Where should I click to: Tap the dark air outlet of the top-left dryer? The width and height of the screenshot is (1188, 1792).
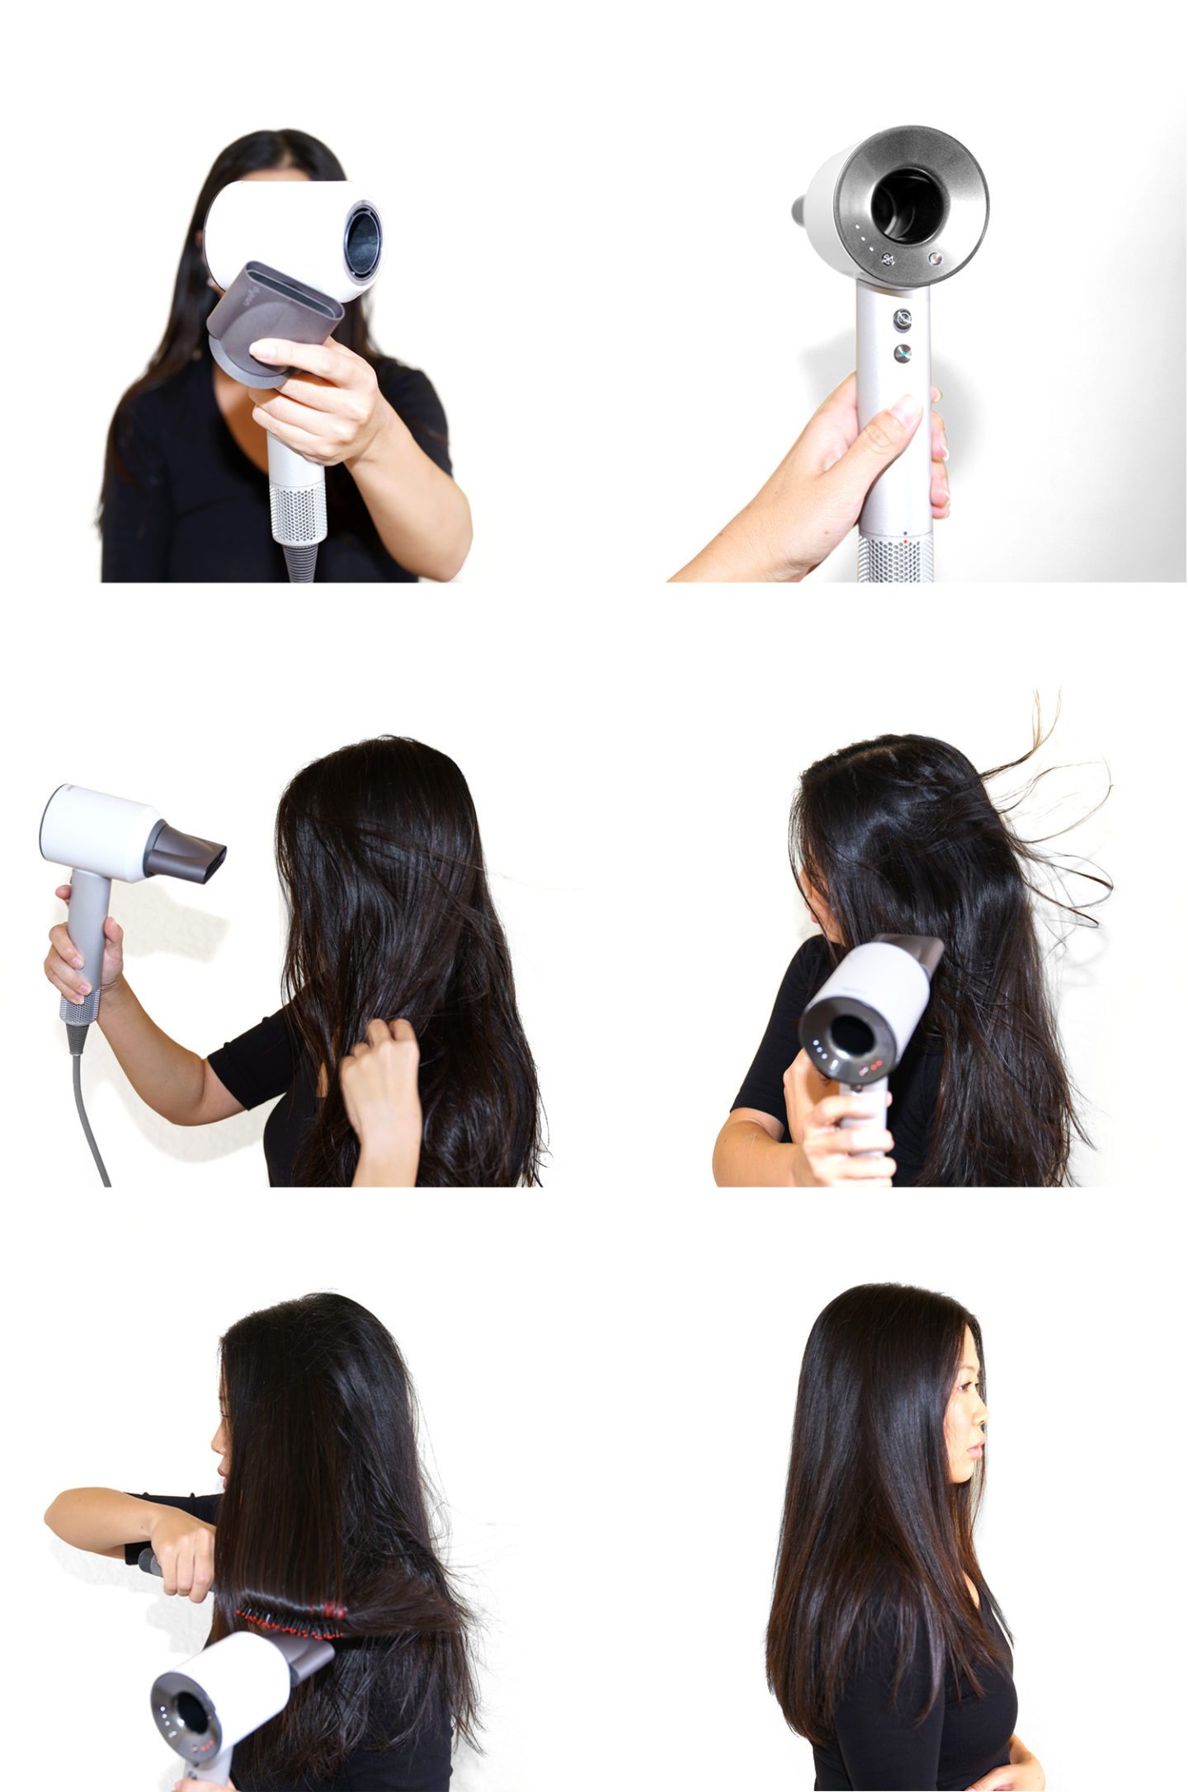pyautogui.click(x=363, y=242)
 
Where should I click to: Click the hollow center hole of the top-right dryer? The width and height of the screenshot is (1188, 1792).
pyautogui.click(x=907, y=205)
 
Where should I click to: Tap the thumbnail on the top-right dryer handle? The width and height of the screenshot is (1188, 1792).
pyautogui.click(x=907, y=410)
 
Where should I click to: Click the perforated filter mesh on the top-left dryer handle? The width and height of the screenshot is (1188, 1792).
pyautogui.click(x=298, y=513)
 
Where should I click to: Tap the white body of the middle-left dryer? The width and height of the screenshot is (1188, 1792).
pyautogui.click(x=99, y=833)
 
